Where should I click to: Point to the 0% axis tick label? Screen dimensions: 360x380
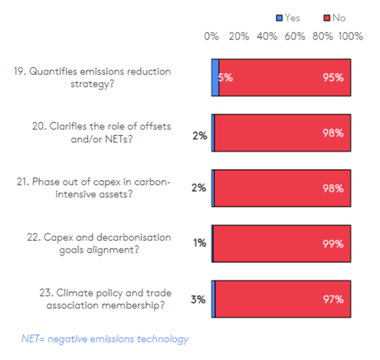211,37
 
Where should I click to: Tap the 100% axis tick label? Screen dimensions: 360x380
350,37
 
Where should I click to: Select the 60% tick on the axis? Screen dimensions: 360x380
295,37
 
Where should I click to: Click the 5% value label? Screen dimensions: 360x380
225,78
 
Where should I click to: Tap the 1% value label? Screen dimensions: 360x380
199,244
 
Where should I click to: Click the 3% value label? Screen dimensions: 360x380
198,299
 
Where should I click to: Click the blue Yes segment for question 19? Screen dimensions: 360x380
215,78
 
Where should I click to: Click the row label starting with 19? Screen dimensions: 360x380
92,78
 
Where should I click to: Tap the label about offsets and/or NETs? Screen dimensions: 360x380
101,133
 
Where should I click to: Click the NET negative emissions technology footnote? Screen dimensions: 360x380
105,339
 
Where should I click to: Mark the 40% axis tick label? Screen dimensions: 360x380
267,37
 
